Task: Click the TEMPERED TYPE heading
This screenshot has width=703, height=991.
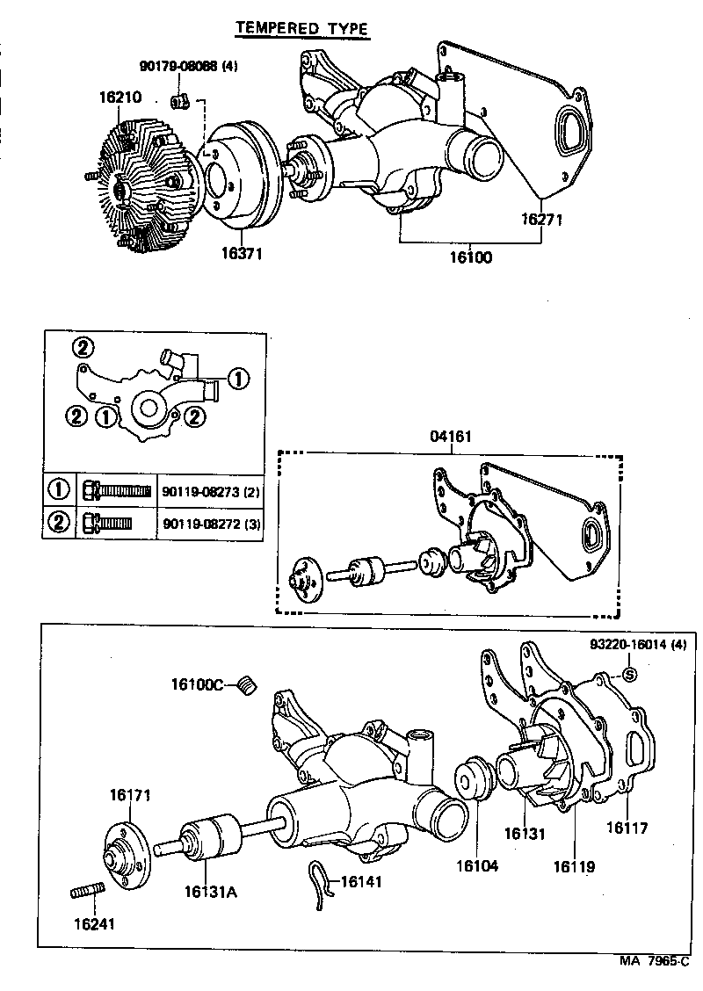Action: [301, 29]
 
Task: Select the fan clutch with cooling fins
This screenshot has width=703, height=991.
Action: [141, 186]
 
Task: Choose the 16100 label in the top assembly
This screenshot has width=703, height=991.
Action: [469, 257]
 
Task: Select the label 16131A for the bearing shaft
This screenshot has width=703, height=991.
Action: [211, 893]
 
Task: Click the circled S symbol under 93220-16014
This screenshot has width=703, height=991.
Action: [628, 674]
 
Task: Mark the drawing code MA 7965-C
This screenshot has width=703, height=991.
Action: [656, 960]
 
